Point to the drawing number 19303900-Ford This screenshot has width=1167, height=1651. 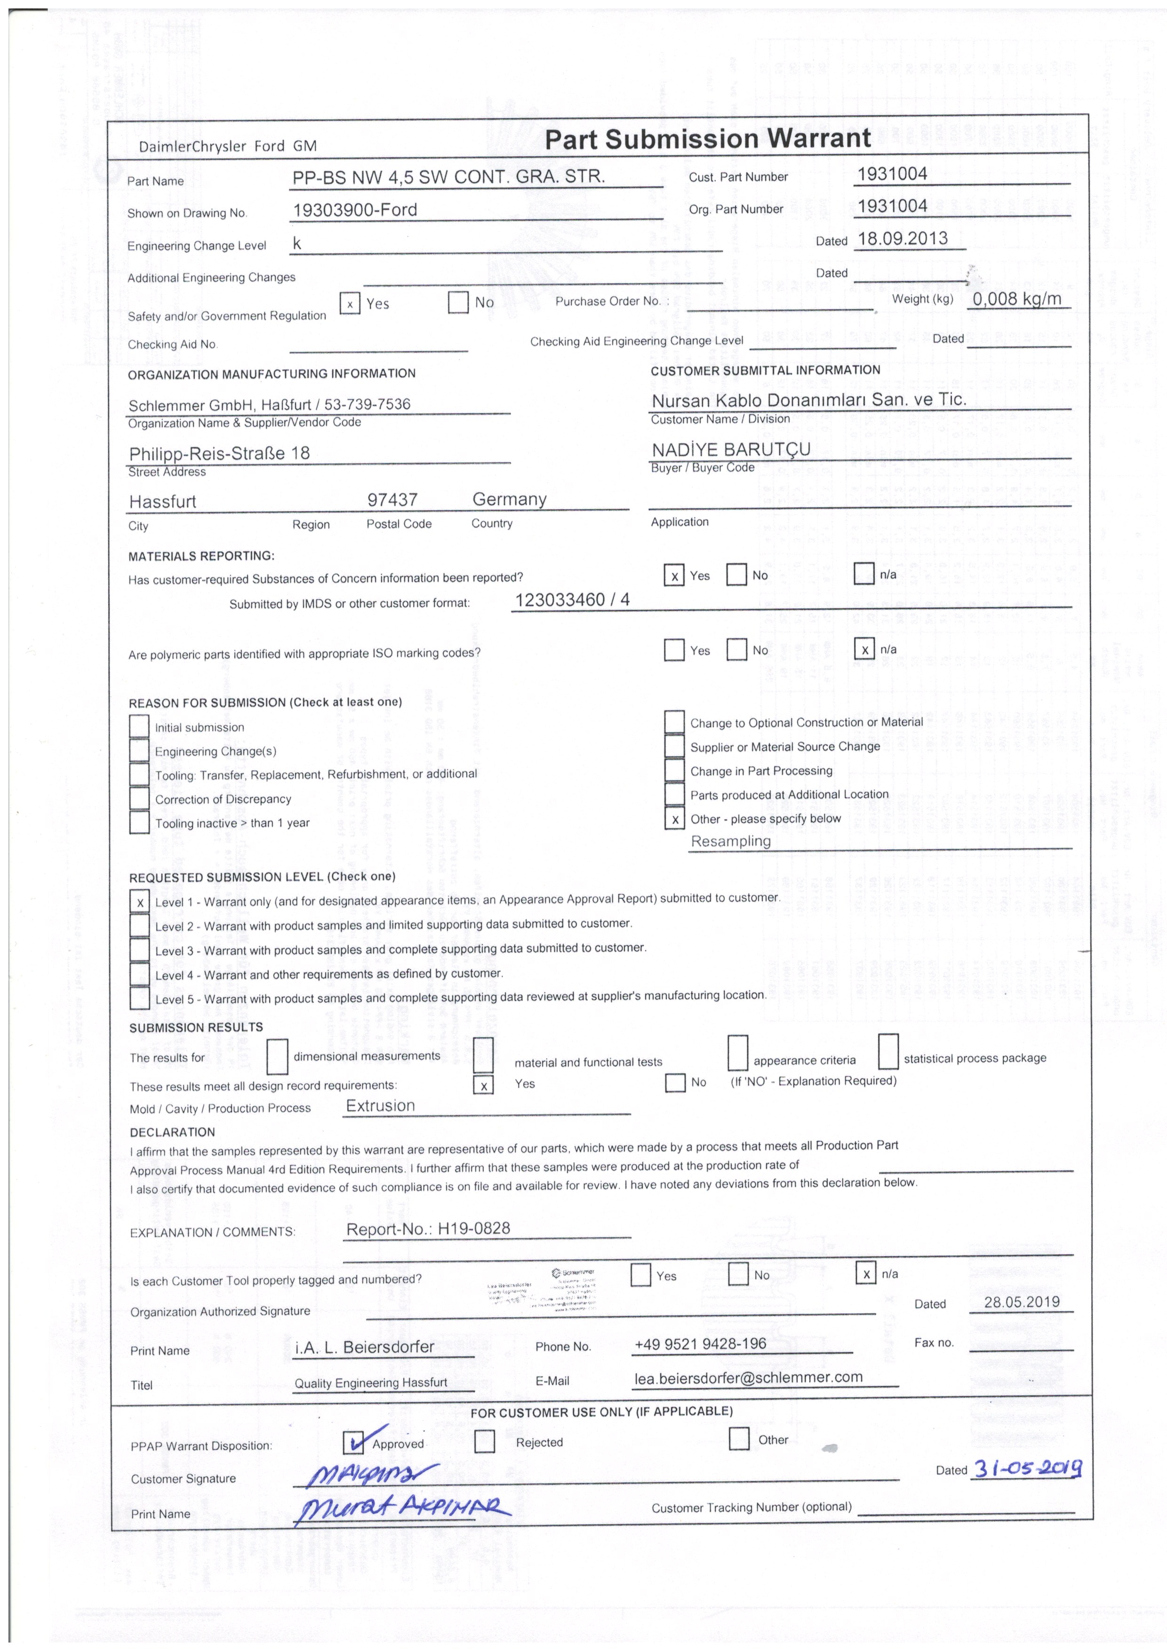tap(355, 210)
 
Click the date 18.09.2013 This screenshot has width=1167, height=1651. tap(903, 239)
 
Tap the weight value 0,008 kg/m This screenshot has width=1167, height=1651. tap(1017, 299)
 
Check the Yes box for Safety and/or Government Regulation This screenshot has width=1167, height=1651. tap(350, 304)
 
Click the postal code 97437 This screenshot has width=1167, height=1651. tap(392, 500)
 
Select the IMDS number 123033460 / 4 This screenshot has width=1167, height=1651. tap(572, 600)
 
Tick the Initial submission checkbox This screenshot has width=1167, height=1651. tap(139, 726)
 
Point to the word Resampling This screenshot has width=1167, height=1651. tap(730, 842)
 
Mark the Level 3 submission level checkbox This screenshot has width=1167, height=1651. tap(139, 950)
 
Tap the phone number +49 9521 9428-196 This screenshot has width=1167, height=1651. tap(700, 1344)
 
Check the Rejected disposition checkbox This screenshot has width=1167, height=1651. tap(485, 1442)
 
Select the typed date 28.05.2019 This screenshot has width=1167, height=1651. tap(1022, 1301)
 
